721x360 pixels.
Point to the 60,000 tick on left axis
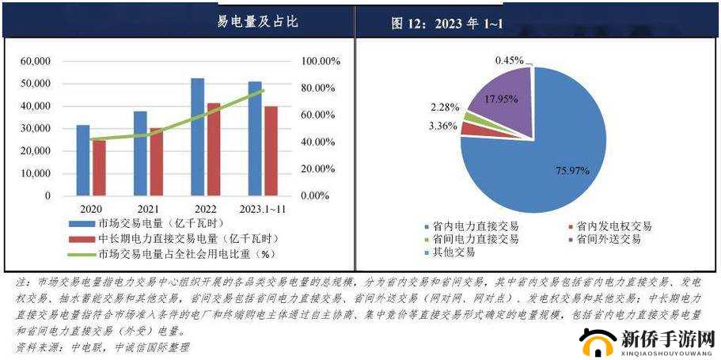coord(36,61)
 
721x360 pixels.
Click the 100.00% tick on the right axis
coord(321,61)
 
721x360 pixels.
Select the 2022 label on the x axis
coord(204,208)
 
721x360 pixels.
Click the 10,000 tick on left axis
coord(36,173)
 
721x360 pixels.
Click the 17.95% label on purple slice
coord(500,99)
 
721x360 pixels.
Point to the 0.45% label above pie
coord(510,60)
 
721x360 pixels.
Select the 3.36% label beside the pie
coord(444,126)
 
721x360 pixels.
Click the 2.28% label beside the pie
coord(444,107)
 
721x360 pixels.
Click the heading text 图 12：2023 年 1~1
coord(446,24)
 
